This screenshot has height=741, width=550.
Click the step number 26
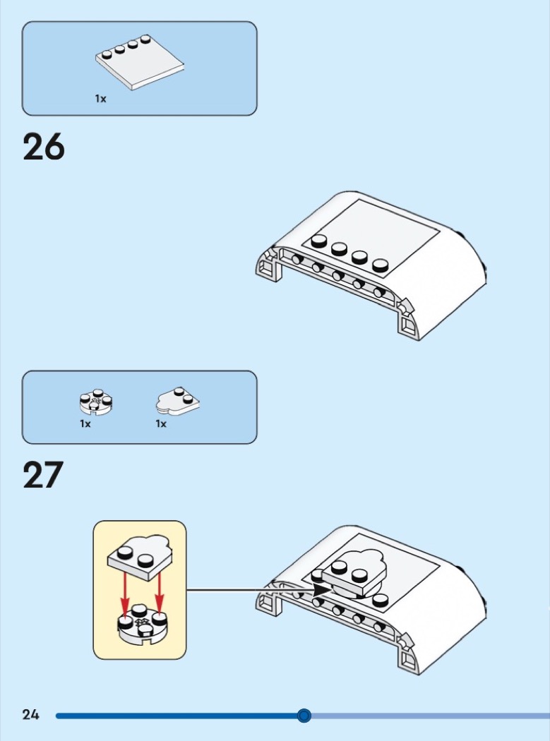click(44, 147)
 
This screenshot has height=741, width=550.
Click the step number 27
click(43, 475)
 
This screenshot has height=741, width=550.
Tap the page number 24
click(30, 715)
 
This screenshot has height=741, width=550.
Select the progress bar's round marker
click(304, 716)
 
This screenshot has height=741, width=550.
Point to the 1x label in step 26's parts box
click(101, 99)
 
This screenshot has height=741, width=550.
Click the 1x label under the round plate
click(85, 424)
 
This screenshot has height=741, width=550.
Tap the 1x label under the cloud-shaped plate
click(161, 424)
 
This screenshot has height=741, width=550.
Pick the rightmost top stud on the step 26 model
click(381, 266)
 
